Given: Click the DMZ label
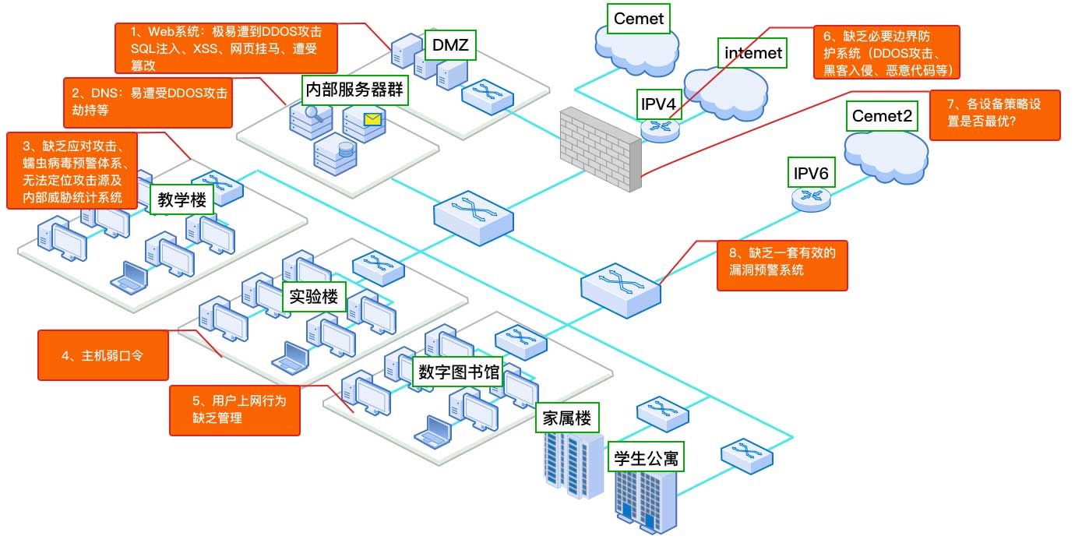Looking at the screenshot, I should pos(450,45).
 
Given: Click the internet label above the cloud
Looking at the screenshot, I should pos(752,53).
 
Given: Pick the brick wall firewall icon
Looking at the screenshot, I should pos(601,148).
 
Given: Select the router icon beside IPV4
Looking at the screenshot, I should pos(661,129).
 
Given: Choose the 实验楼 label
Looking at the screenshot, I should pos(314,296).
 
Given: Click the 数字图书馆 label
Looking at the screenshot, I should pos(459,372).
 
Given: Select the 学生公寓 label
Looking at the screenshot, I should pos(646,457).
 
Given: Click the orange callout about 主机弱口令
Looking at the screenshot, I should pos(104,355).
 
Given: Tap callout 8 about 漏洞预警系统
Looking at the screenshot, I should pos(782,265).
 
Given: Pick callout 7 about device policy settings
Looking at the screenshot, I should pos(994,115).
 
